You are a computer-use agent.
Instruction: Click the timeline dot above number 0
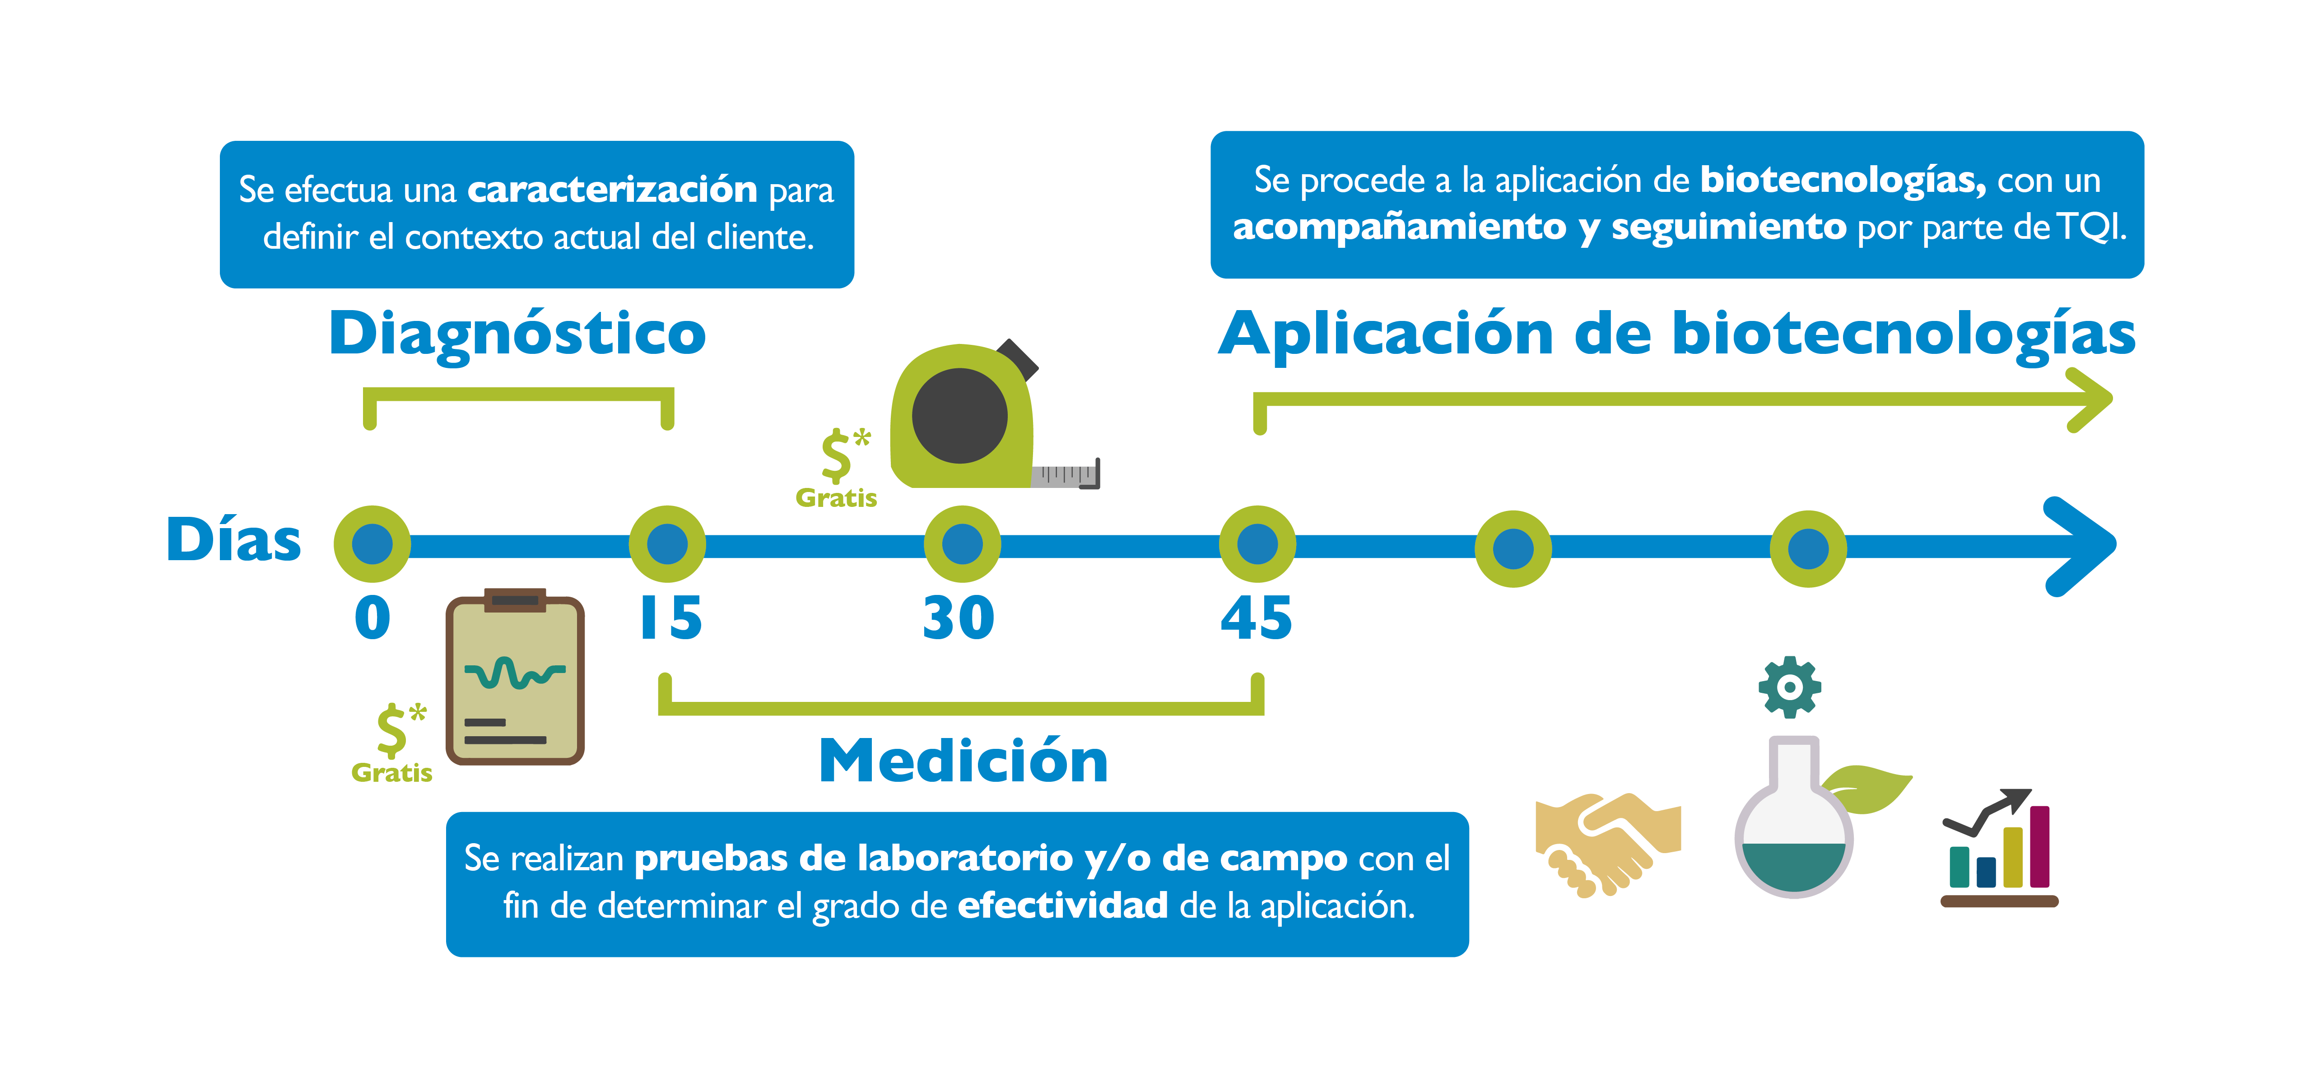click(x=372, y=544)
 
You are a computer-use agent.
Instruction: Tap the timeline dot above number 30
click(x=963, y=544)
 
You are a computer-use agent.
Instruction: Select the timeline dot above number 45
click(x=1257, y=544)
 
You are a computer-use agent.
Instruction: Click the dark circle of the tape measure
click(x=960, y=416)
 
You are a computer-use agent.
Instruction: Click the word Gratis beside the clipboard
click(x=392, y=773)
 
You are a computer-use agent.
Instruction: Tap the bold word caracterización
click(x=613, y=190)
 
